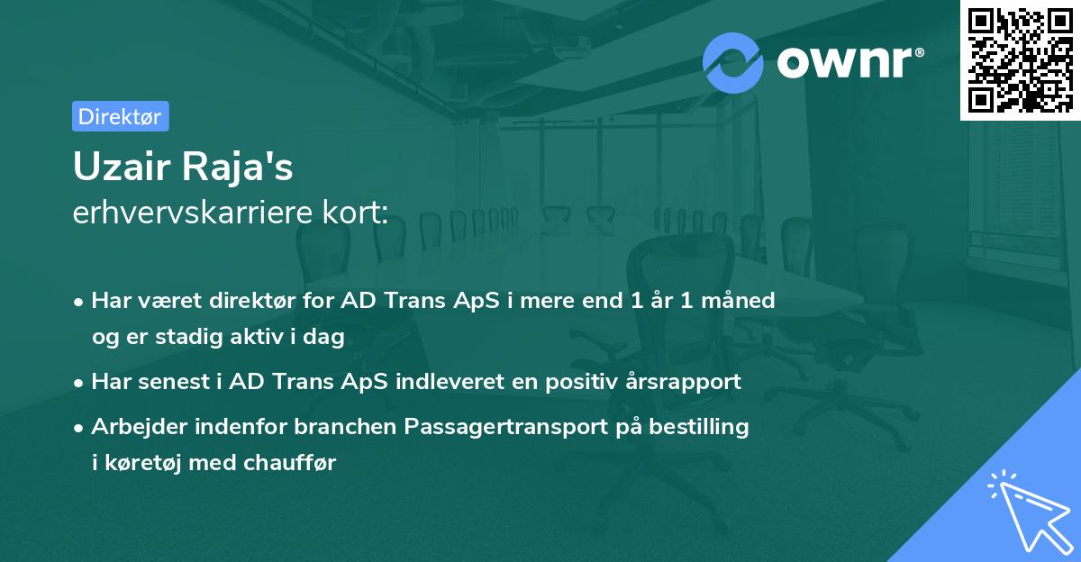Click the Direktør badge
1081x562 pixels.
120,116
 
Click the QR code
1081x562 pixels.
1020,59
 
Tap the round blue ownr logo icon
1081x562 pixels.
733,63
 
